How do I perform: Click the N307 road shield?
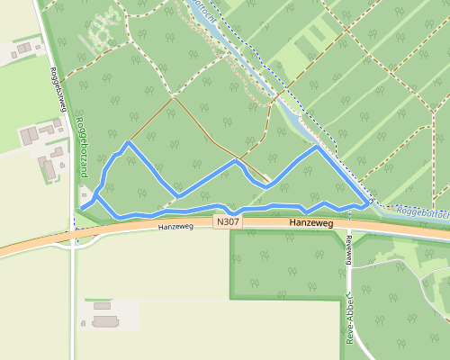(228, 221)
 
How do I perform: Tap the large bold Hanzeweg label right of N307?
(312, 222)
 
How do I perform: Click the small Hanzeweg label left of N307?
(175, 227)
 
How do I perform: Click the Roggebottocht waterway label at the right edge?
(421, 212)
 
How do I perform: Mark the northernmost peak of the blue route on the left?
(129, 142)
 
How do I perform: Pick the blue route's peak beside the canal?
(315, 148)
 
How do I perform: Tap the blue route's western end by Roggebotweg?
(81, 208)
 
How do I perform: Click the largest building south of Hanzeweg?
(105, 321)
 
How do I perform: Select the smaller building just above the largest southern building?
(102, 306)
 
